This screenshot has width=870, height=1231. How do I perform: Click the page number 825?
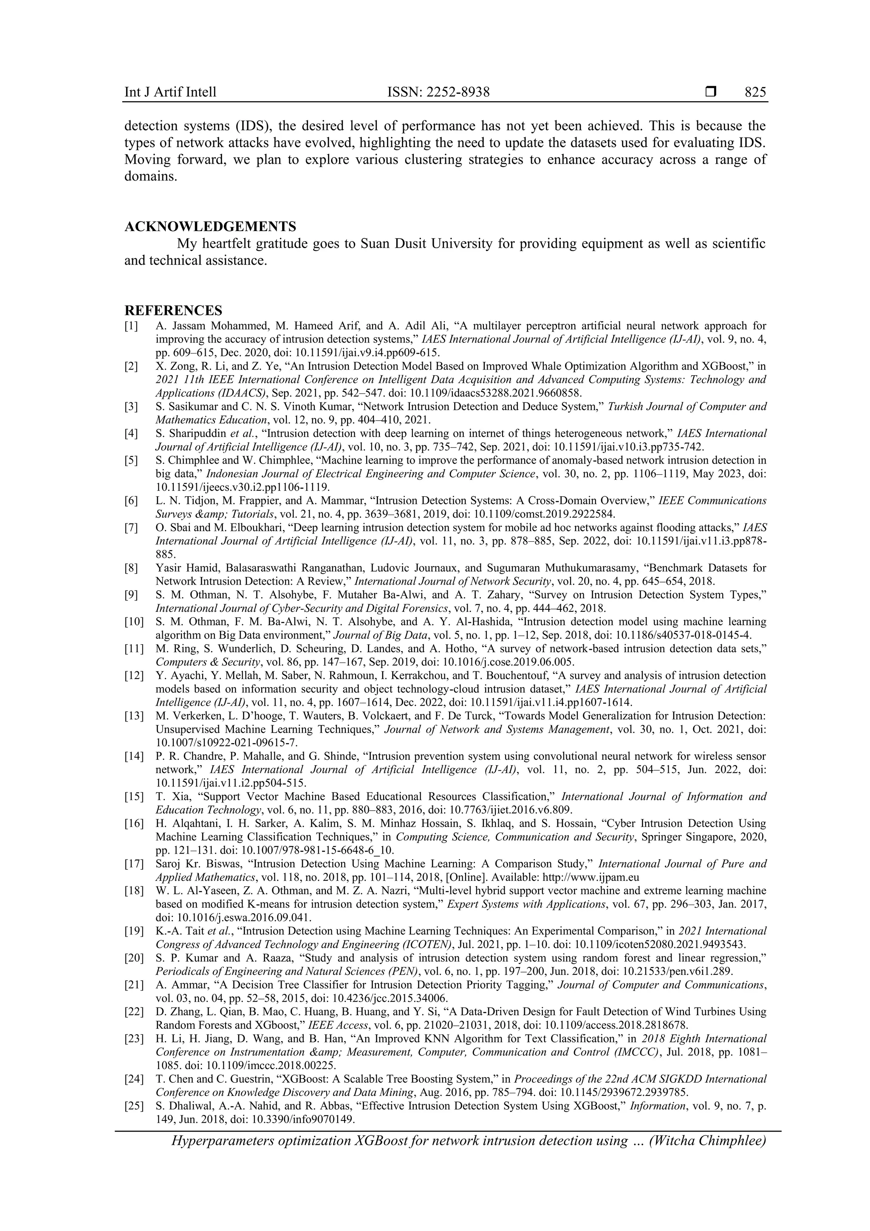tap(755, 92)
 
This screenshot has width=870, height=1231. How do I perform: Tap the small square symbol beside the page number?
tap(711, 92)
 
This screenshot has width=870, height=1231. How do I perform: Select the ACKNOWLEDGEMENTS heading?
tap(210, 226)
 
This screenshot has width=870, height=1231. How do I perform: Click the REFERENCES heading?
tap(173, 311)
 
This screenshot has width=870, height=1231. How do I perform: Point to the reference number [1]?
tap(131, 325)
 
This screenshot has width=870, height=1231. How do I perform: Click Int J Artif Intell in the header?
tap(170, 92)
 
